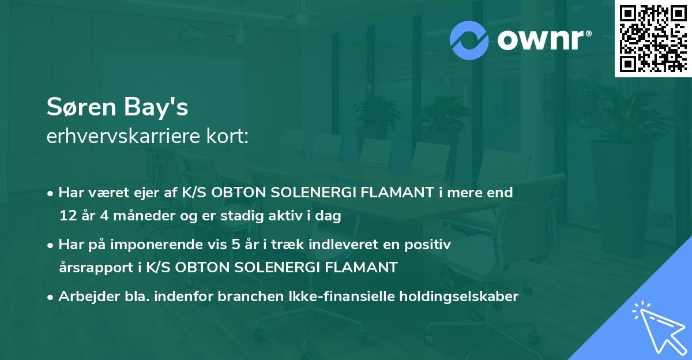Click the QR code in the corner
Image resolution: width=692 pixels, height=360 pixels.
pyautogui.click(x=653, y=39)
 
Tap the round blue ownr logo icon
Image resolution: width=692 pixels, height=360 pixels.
pyautogui.click(x=469, y=40)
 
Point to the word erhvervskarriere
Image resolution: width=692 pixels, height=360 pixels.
pyautogui.click(x=121, y=138)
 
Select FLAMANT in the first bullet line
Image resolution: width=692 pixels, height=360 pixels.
pyautogui.click(x=388, y=193)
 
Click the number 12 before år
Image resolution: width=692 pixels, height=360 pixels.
pyautogui.click(x=67, y=216)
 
